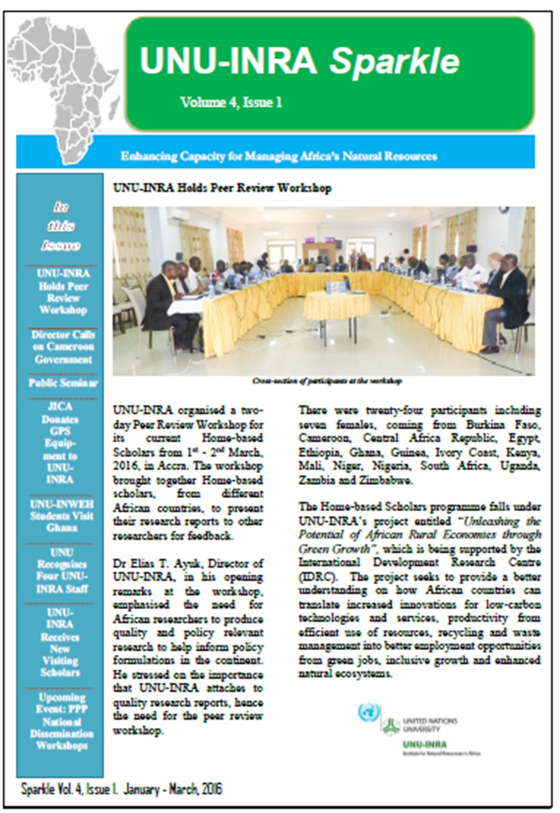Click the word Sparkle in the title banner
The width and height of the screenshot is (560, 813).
(x=395, y=61)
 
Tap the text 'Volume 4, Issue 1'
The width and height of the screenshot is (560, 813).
(x=231, y=102)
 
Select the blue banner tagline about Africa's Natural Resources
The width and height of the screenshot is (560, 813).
(x=278, y=156)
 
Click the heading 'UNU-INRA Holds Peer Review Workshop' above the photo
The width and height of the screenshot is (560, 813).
(x=222, y=188)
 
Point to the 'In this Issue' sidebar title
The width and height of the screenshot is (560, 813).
(x=61, y=227)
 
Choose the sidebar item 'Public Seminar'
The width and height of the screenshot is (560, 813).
(x=62, y=383)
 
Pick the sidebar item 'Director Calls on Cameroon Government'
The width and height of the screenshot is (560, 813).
(x=63, y=347)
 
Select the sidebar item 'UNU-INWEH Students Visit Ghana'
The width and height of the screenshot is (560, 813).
(x=62, y=515)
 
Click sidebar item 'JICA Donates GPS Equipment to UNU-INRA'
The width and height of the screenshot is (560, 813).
(x=60, y=443)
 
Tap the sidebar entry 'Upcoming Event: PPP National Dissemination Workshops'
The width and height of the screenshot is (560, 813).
(x=62, y=721)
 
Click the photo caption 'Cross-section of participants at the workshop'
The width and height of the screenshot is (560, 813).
(x=327, y=381)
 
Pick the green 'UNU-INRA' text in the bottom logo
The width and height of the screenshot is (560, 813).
(x=425, y=744)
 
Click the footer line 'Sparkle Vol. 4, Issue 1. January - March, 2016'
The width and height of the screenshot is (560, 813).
(x=121, y=789)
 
